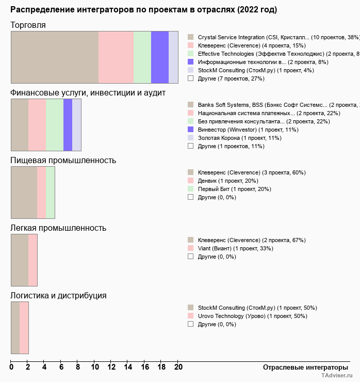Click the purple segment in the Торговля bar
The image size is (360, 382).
160,57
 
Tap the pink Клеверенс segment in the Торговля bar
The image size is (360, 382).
116,57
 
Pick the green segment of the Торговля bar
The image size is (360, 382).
142,57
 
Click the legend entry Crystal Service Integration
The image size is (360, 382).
273,37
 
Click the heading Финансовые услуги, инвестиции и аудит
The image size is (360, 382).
88,93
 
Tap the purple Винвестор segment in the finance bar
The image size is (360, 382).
68,124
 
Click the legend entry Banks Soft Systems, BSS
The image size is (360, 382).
273,105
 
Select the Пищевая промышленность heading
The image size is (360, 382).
63,161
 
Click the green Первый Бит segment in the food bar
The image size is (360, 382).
50,192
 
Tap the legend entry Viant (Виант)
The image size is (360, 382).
235,248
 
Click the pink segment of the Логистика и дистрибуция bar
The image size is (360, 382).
24,327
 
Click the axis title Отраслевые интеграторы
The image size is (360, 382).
302,367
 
